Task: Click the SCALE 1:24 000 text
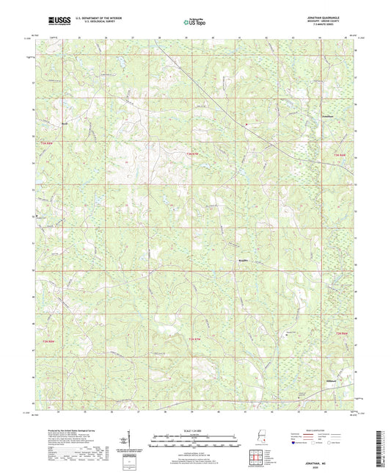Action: pos(194,430)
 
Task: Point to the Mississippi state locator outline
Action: pos(262,438)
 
